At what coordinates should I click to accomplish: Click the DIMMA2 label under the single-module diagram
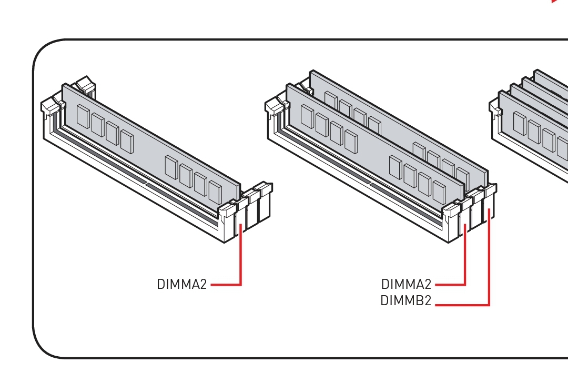pos(182,284)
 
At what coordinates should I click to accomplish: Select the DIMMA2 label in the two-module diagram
pos(406,284)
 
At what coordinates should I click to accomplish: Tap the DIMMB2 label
pos(405,300)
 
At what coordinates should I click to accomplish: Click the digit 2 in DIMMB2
pos(427,300)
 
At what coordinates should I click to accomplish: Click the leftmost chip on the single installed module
pos(83,116)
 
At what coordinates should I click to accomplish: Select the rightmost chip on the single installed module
pos(215,192)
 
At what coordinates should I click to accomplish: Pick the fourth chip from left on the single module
pos(127,142)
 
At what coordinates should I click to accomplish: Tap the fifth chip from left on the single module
pos(171,167)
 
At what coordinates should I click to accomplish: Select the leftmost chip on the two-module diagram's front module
pos(307,117)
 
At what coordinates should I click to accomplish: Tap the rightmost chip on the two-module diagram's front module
pos(439,192)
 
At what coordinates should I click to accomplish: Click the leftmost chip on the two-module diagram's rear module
pos(331,99)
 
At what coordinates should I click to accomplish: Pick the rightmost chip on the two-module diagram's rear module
pos(463,178)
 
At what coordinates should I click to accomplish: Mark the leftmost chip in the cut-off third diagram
pos(520,123)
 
